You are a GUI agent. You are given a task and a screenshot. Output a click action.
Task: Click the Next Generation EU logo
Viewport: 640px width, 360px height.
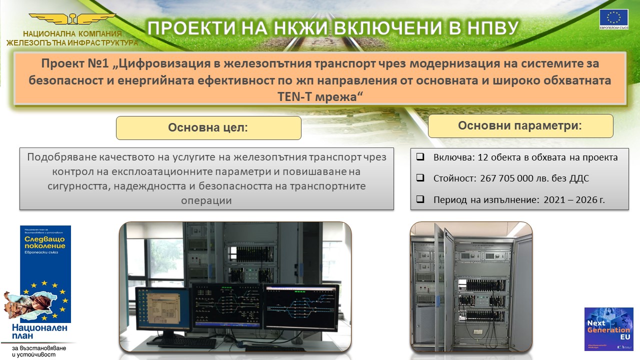click(x=608, y=328)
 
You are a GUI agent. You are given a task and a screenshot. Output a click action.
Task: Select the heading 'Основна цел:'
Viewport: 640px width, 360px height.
click(x=208, y=127)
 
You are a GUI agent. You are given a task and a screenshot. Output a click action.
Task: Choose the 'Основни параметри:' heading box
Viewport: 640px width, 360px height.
click(x=520, y=125)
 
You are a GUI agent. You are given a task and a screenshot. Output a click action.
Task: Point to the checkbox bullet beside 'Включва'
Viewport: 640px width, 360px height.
click(x=420, y=157)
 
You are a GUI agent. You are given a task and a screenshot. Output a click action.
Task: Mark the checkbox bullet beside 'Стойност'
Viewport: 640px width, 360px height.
click(x=420, y=178)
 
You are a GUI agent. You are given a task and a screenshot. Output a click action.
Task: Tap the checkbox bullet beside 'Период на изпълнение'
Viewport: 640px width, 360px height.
click(x=420, y=199)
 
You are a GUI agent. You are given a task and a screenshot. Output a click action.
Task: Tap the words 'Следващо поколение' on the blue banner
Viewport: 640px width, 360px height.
click(x=45, y=242)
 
